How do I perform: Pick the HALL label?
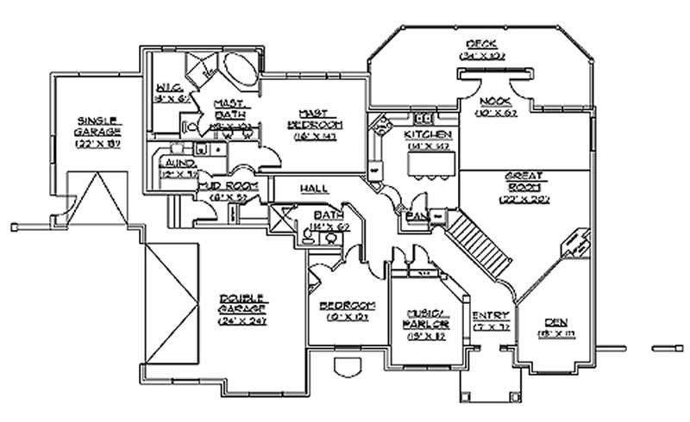point(312,188)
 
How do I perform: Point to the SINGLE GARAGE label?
point(99,126)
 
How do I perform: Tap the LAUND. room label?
point(179,163)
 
